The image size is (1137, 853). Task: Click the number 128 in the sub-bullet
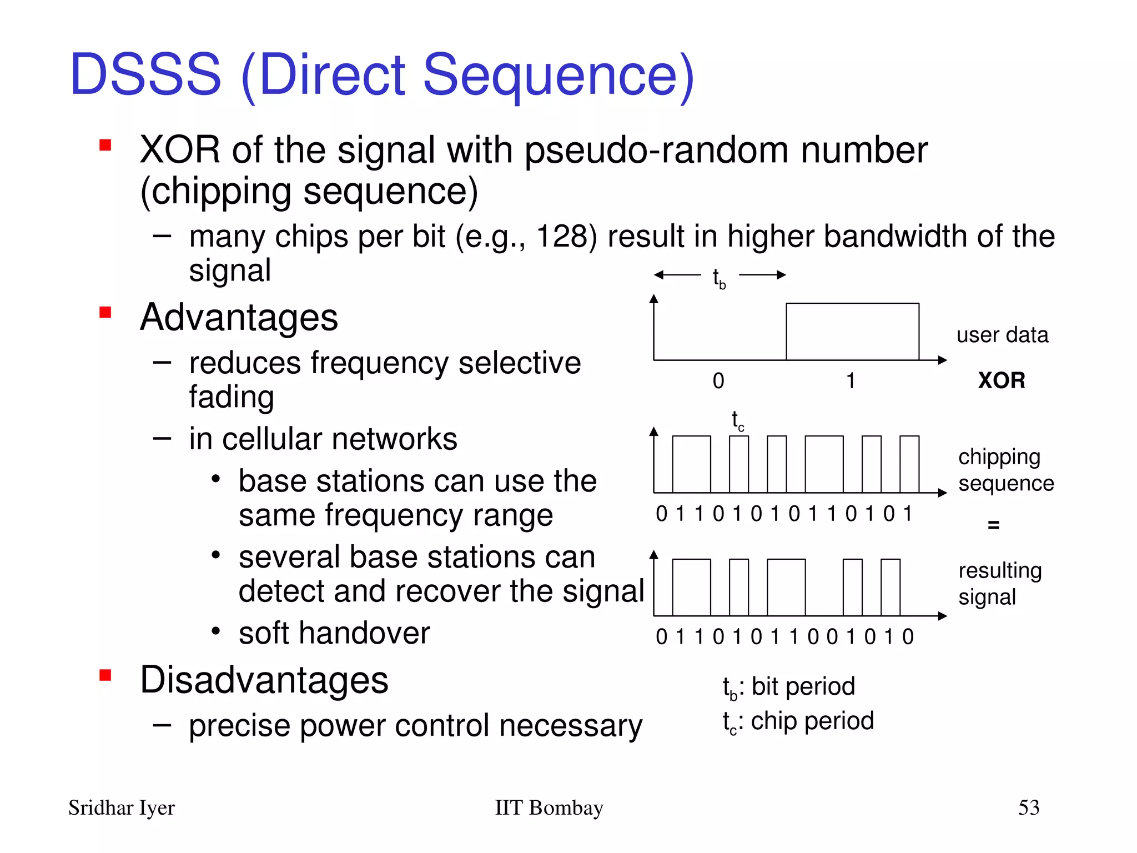pyautogui.click(x=562, y=237)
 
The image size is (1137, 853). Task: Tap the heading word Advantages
pyautogui.click(x=239, y=318)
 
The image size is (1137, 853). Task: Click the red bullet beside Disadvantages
pyautogui.click(x=105, y=675)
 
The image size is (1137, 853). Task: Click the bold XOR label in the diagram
pyautogui.click(x=1001, y=380)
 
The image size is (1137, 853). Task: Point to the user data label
pyautogui.click(x=1002, y=335)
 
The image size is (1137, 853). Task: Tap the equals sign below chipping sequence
pyautogui.click(x=993, y=524)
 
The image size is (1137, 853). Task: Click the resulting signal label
pyautogui.click(x=999, y=583)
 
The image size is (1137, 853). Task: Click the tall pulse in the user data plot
pyautogui.click(x=852, y=332)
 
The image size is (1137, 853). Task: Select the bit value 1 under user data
pyautogui.click(x=850, y=381)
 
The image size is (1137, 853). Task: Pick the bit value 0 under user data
pyautogui.click(x=718, y=381)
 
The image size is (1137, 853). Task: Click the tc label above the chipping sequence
pyautogui.click(x=737, y=421)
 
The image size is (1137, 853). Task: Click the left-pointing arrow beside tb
pyautogui.click(x=676, y=274)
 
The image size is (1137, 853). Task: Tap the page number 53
pyautogui.click(x=1028, y=807)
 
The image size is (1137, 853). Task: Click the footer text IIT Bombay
pyautogui.click(x=549, y=807)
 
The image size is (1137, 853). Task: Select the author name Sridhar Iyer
pyautogui.click(x=121, y=808)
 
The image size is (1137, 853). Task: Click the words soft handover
pyautogui.click(x=334, y=633)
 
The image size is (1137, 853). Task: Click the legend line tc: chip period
pyautogui.click(x=798, y=721)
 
